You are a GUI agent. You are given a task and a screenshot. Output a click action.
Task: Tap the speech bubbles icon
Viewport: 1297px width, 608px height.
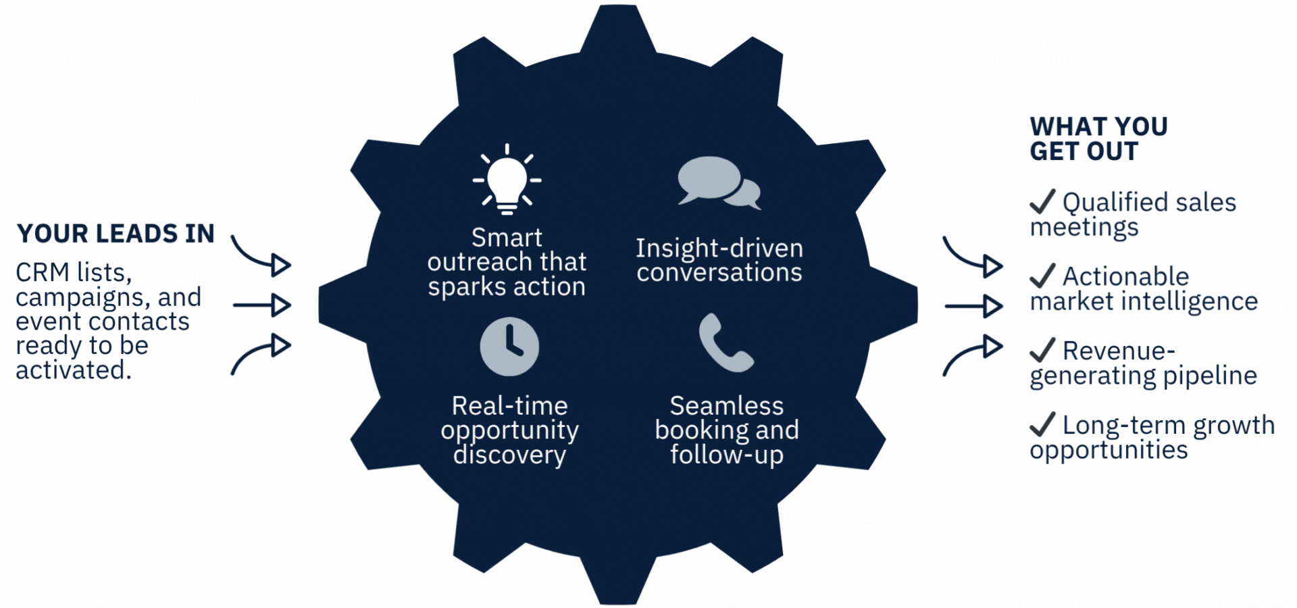718,182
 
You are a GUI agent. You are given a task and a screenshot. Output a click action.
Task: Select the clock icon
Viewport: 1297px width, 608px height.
509,346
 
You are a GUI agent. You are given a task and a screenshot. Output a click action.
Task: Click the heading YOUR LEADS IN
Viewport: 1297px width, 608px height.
116,234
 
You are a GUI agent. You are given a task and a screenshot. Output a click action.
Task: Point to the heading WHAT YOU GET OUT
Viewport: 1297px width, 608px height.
1098,138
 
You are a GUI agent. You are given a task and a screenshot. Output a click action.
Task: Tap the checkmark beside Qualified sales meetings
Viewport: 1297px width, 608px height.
1042,201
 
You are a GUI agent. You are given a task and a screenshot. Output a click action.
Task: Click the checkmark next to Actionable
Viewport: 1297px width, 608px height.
1042,275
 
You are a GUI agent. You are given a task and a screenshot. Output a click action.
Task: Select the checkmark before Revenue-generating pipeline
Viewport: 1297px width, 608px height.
1042,349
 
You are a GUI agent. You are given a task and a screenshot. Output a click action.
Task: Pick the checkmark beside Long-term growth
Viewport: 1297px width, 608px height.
1042,424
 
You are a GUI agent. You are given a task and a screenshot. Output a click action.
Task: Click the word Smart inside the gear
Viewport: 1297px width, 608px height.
507,238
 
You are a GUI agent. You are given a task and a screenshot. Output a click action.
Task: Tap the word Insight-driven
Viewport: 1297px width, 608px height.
719,248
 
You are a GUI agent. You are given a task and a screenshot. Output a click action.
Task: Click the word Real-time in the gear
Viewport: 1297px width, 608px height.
509,405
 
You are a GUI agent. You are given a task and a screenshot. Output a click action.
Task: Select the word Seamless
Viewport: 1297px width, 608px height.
726,405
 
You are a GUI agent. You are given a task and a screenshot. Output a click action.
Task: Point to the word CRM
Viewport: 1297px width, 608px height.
43,272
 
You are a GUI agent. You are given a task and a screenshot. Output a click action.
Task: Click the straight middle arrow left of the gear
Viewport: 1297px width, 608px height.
262,305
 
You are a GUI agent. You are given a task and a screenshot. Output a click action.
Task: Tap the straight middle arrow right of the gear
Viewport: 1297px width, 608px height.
973,306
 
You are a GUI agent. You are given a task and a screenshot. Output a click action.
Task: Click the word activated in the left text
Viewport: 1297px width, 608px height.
73,370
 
